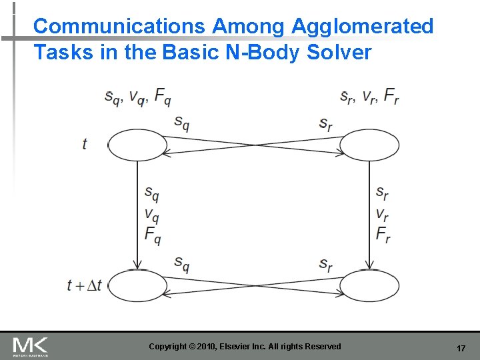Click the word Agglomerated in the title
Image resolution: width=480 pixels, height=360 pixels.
362,27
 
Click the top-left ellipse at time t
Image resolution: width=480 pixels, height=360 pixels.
137,145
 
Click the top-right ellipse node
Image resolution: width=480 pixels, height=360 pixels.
370,145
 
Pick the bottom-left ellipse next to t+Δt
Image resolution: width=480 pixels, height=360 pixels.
137,285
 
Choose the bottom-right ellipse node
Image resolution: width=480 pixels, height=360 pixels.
370,285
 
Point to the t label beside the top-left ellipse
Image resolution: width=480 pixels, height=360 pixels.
85,144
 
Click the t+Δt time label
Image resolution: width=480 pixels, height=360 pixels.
85,285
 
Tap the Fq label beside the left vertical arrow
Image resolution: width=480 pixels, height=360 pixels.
152,235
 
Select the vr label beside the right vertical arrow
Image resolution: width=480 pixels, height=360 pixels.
382,215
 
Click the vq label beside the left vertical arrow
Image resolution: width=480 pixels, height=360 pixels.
152,215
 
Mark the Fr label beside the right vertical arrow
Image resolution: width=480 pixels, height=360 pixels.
383,235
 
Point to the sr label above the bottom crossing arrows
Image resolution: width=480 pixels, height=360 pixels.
325,264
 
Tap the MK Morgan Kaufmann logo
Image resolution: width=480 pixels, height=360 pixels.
30,346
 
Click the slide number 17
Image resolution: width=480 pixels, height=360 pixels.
461,349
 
